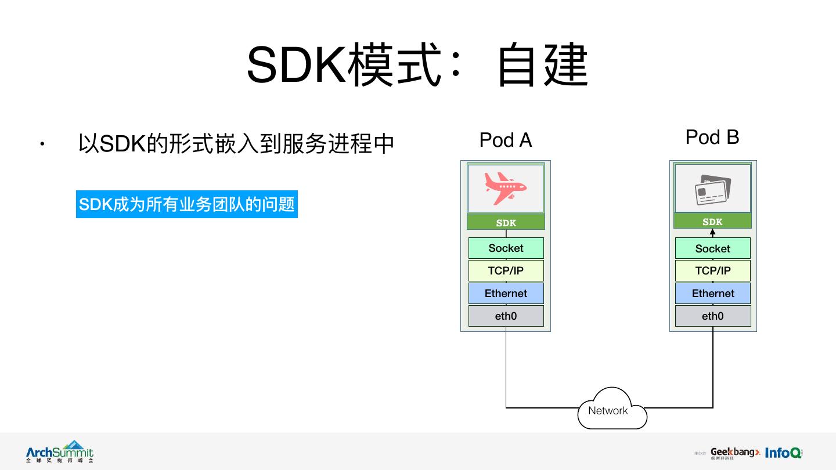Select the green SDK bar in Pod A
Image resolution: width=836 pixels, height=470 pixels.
(x=506, y=223)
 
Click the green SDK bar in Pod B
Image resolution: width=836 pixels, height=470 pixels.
(x=712, y=222)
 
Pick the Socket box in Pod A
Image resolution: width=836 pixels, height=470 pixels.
(x=506, y=248)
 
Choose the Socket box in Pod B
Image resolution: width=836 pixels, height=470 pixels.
(x=712, y=249)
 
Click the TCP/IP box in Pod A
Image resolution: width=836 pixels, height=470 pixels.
(x=506, y=271)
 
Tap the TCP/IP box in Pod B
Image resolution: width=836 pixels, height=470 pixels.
(x=712, y=271)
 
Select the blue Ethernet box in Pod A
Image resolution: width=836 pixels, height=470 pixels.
(x=506, y=294)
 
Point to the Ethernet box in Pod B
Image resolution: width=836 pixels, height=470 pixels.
(x=712, y=294)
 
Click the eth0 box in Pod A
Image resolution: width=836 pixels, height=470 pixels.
(x=506, y=316)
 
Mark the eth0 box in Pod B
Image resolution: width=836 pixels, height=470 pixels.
(x=712, y=316)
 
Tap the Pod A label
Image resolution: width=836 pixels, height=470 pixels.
(x=505, y=140)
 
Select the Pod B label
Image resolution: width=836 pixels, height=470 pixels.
(x=712, y=138)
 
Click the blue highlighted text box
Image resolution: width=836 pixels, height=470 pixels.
(x=186, y=204)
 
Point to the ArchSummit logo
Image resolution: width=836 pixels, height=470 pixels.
(x=59, y=451)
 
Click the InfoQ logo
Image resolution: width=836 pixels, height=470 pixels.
(x=783, y=453)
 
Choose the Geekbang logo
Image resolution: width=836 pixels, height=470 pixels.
(x=734, y=453)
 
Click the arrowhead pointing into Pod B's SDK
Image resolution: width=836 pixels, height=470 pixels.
(x=713, y=232)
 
